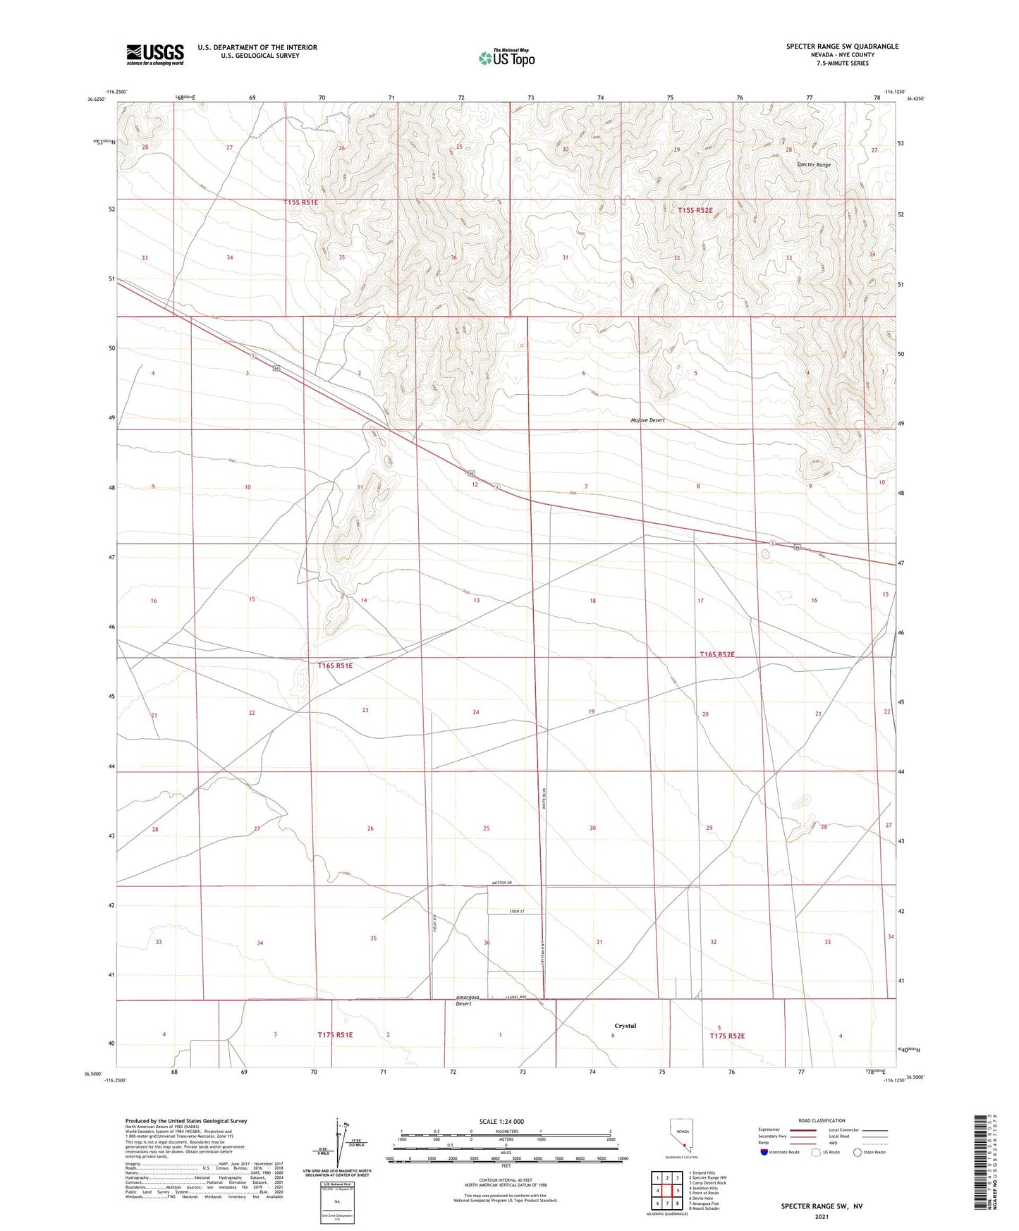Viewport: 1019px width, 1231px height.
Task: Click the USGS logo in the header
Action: pyautogui.click(x=154, y=54)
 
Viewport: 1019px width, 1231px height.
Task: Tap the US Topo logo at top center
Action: pyautogui.click(x=506, y=57)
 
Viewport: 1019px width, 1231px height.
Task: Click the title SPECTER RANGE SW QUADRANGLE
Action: pyautogui.click(x=842, y=47)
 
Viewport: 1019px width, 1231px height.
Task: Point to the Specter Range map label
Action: pyautogui.click(x=813, y=164)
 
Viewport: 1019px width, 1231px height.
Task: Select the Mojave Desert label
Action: pyautogui.click(x=647, y=420)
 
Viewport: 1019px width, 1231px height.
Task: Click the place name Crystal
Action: pyautogui.click(x=625, y=1026)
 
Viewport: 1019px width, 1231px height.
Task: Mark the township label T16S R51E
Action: pyautogui.click(x=335, y=665)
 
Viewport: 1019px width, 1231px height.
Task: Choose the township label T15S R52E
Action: pyautogui.click(x=695, y=210)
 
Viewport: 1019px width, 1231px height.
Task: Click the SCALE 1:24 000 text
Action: pyautogui.click(x=501, y=1121)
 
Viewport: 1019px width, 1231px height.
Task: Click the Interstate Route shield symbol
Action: pyautogui.click(x=764, y=1152)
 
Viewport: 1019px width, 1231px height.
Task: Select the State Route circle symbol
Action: pyautogui.click(x=857, y=1152)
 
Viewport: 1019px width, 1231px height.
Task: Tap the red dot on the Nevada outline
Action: pyautogui.click(x=684, y=1146)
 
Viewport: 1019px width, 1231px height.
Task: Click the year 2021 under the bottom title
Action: pyautogui.click(x=821, y=1216)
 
